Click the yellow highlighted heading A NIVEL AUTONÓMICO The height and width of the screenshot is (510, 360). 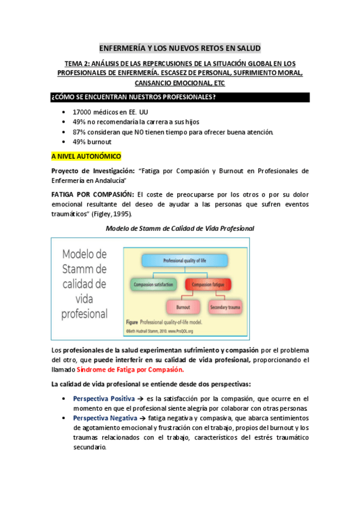point(87,156)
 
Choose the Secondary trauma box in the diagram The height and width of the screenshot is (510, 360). point(226,307)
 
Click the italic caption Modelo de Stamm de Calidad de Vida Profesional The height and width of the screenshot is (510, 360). point(180,229)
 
